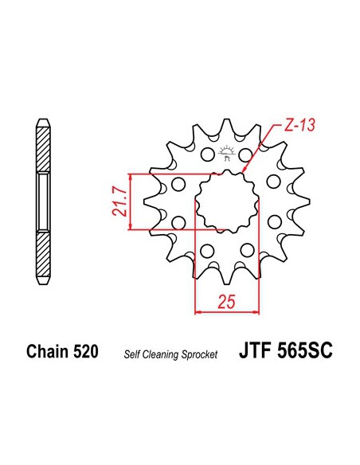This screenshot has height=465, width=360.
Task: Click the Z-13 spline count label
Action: [x=299, y=125]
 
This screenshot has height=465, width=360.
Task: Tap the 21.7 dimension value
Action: [x=119, y=201]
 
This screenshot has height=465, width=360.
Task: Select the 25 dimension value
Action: [x=226, y=302]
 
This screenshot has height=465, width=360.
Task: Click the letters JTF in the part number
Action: [x=256, y=350]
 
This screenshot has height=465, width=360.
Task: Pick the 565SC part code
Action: [x=305, y=350]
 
